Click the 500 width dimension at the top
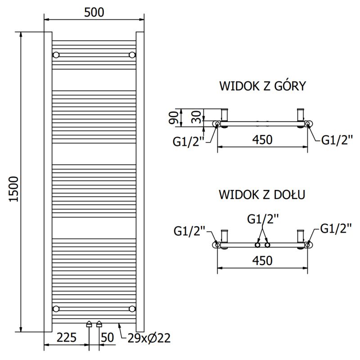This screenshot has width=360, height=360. (94, 12)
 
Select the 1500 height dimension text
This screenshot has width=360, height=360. (13, 189)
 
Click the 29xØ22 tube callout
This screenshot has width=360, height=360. (148, 338)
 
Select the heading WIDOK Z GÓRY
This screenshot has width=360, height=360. (262, 86)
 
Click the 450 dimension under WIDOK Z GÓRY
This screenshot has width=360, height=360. (262, 140)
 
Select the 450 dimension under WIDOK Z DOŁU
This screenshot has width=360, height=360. (262, 261)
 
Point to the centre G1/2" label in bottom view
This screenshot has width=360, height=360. (263, 219)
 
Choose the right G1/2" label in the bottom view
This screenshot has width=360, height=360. (336, 229)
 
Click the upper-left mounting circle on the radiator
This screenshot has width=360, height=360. (56, 55)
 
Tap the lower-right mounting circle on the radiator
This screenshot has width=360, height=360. (132, 309)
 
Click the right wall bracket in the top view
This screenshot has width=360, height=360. (301, 115)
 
